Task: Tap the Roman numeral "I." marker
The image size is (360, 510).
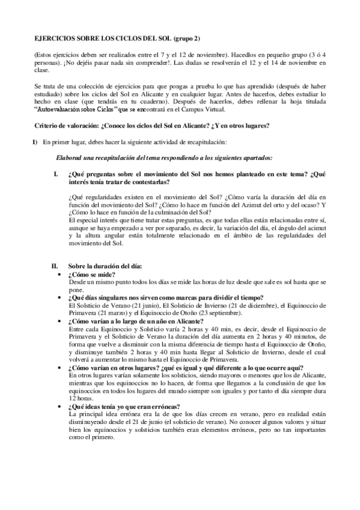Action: pyautogui.click(x=55, y=173)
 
